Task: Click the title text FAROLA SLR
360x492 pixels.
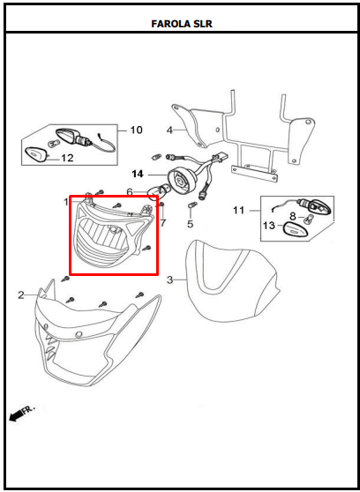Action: click(x=182, y=24)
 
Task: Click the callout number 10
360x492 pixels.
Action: click(x=136, y=130)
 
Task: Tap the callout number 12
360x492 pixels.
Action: click(x=67, y=158)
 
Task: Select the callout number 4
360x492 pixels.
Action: click(x=169, y=130)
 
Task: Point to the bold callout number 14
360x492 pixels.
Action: click(x=138, y=174)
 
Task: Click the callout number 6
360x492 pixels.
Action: click(x=130, y=192)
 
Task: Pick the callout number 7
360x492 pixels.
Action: click(x=162, y=223)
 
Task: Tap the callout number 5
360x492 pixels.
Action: click(x=191, y=224)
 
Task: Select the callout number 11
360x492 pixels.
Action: click(x=239, y=210)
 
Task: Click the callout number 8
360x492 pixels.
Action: click(x=293, y=216)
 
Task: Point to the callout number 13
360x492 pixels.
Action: click(x=269, y=226)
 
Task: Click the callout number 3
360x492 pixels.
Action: click(x=169, y=280)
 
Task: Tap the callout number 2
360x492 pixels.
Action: click(x=20, y=295)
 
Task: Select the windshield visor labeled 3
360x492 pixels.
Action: click(x=232, y=282)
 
